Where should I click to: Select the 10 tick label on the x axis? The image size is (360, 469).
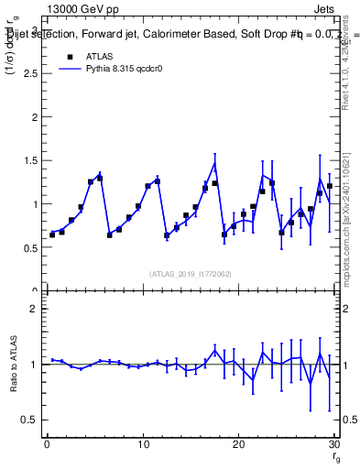click(143, 444)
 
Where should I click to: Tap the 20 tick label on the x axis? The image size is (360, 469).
click(239, 444)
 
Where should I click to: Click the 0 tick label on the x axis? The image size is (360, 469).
click(47, 444)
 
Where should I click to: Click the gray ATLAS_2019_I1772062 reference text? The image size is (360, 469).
click(191, 273)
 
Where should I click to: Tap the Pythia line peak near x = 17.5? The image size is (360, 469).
click(214, 163)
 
